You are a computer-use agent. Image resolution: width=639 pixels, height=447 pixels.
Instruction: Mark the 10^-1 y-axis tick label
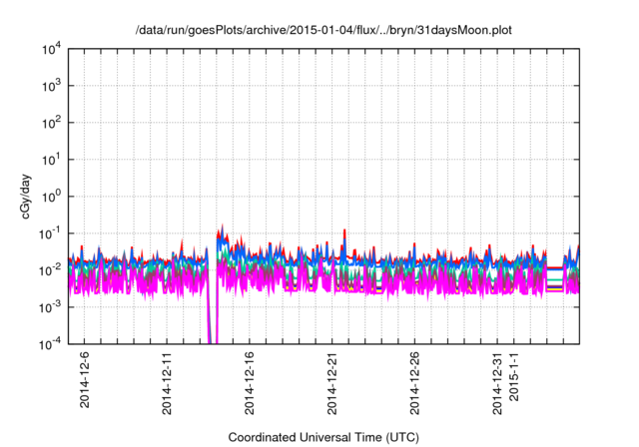tap(53, 232)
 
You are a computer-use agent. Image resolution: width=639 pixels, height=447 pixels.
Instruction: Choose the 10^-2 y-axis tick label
tap(53, 269)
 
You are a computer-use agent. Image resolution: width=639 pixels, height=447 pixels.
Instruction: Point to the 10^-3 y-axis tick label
tap(53, 305)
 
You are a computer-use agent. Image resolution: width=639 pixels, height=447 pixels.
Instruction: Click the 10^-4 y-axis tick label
tap(53, 342)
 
